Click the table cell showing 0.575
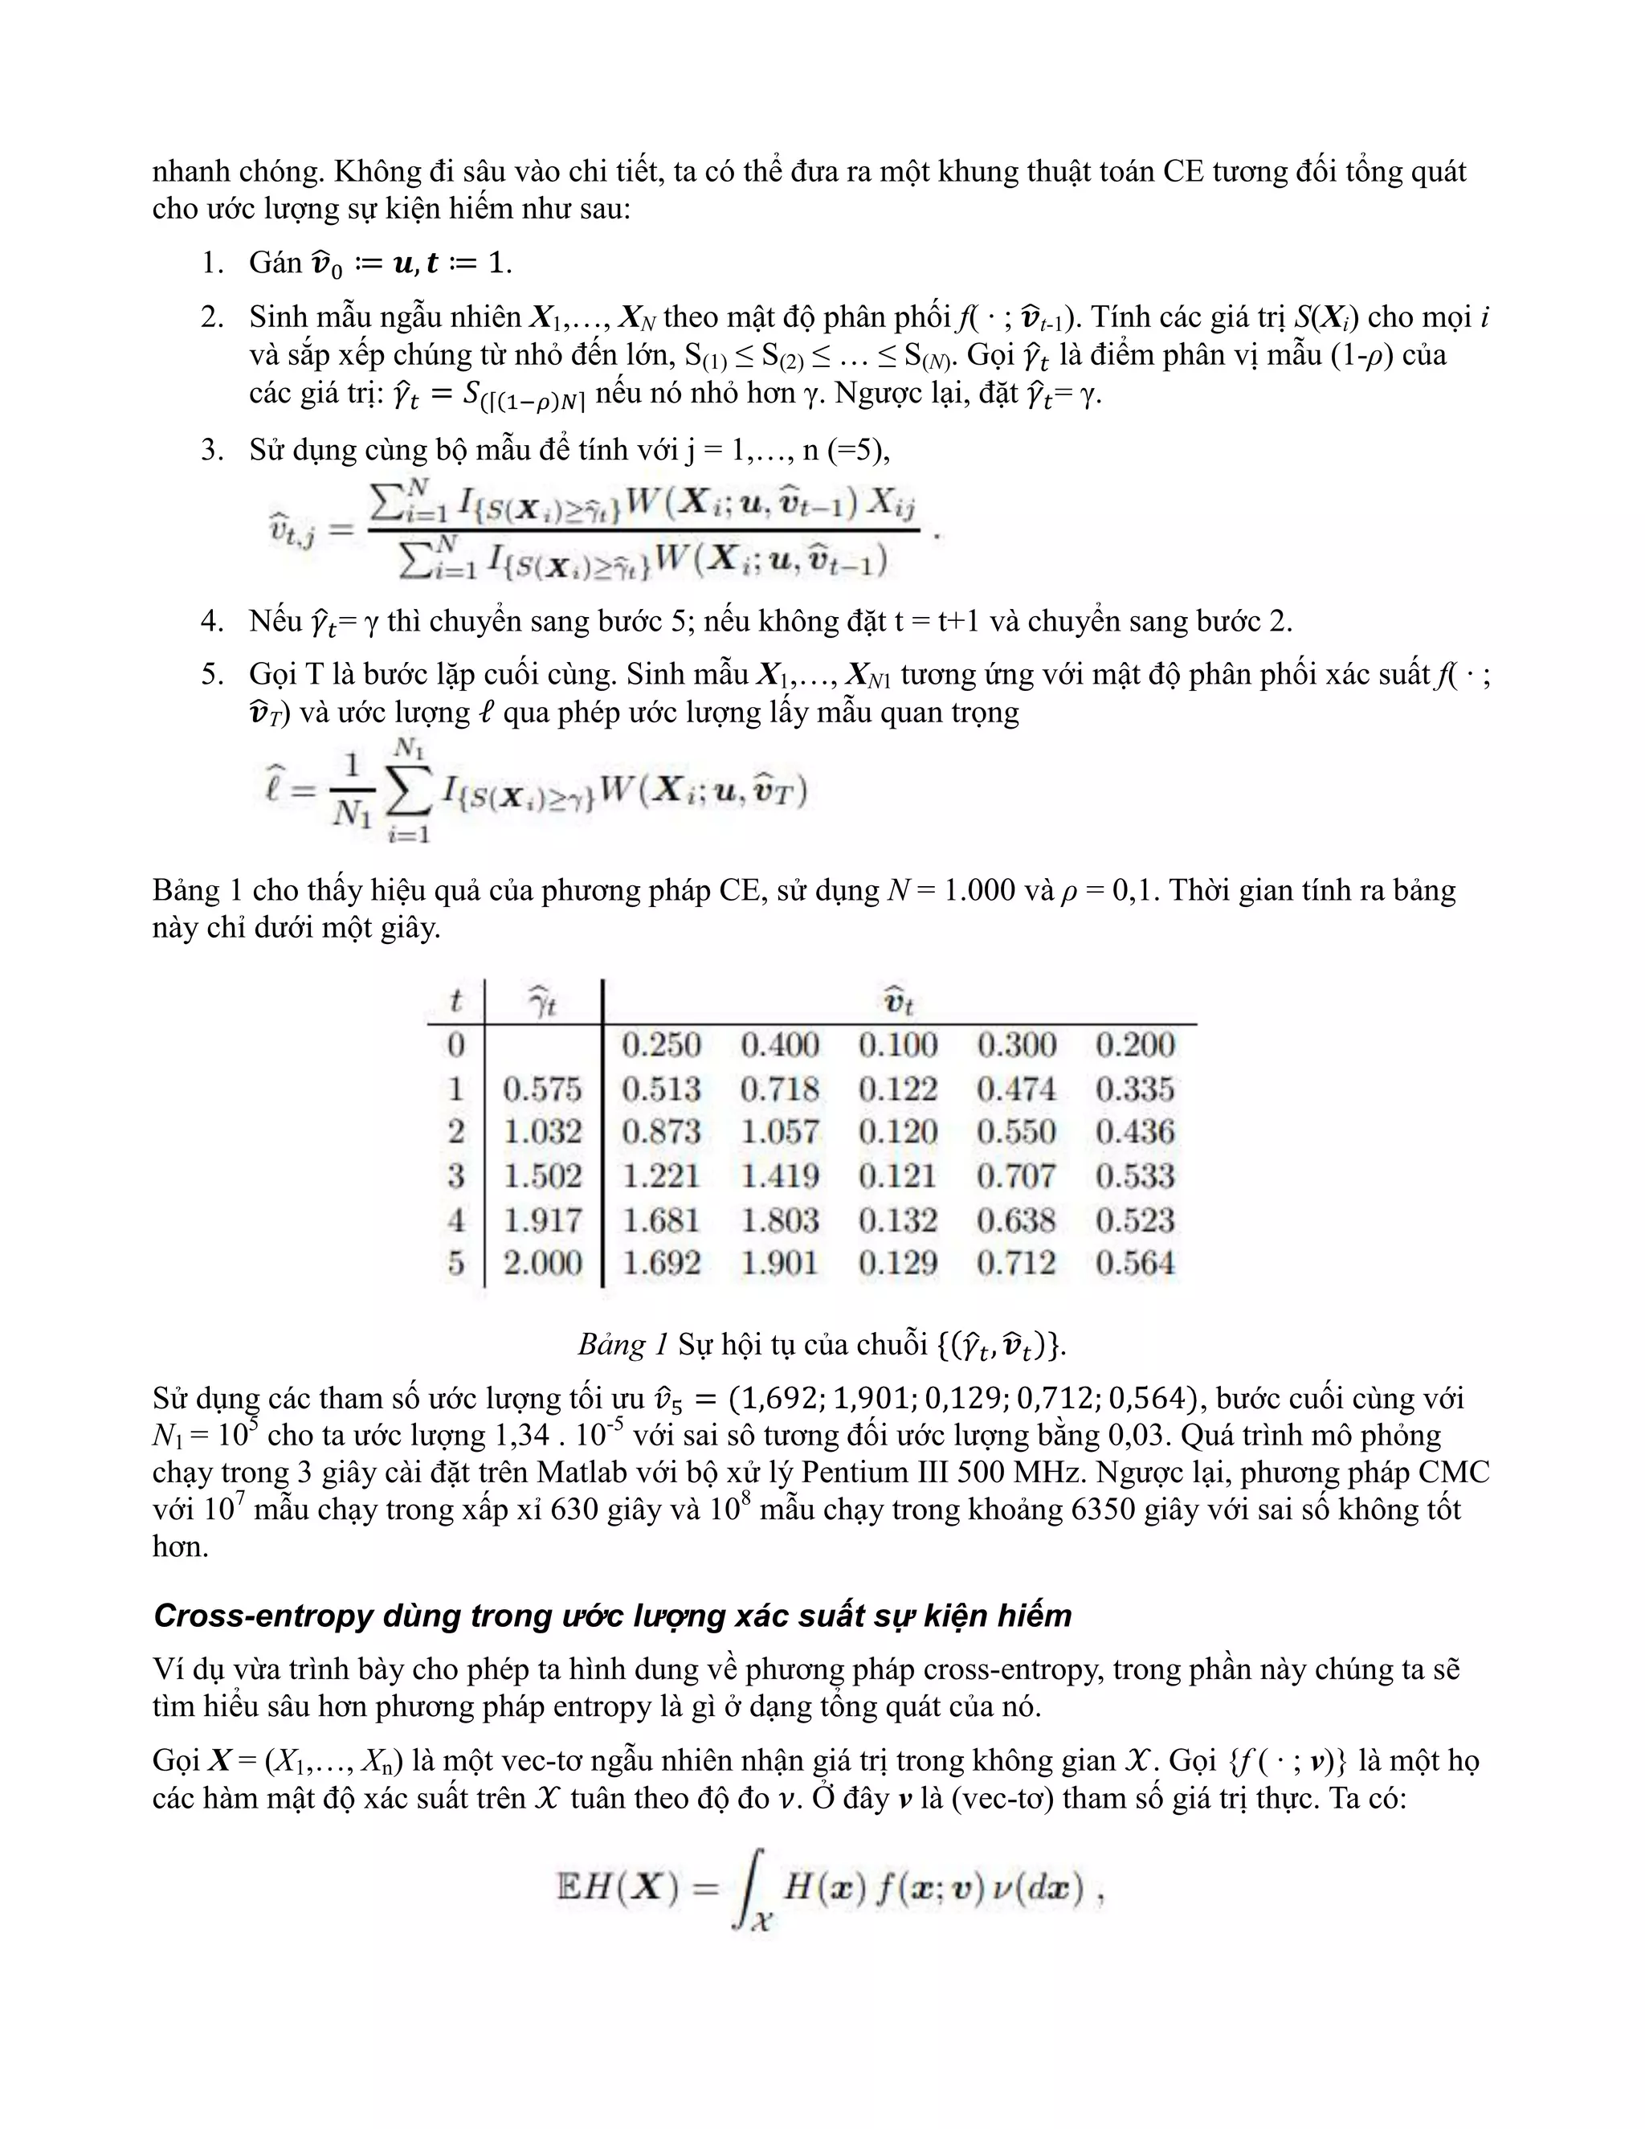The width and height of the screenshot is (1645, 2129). tap(542, 1089)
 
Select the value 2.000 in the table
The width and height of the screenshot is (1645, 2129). tap(542, 1264)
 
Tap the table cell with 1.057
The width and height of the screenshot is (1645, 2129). tap(780, 1132)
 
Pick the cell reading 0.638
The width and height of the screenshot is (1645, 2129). tap(1016, 1220)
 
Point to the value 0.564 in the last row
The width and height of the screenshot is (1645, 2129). tap(1135, 1264)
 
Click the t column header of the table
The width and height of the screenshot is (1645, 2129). tap(455, 1001)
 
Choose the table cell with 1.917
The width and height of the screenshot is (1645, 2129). tap(542, 1220)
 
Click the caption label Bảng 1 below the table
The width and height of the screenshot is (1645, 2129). tap(622, 1345)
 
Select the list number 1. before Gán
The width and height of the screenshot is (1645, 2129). tap(212, 262)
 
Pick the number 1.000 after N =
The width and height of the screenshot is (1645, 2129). tap(979, 890)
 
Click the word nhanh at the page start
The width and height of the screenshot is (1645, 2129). tap(191, 172)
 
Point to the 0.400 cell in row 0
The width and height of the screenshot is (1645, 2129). tap(780, 1045)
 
